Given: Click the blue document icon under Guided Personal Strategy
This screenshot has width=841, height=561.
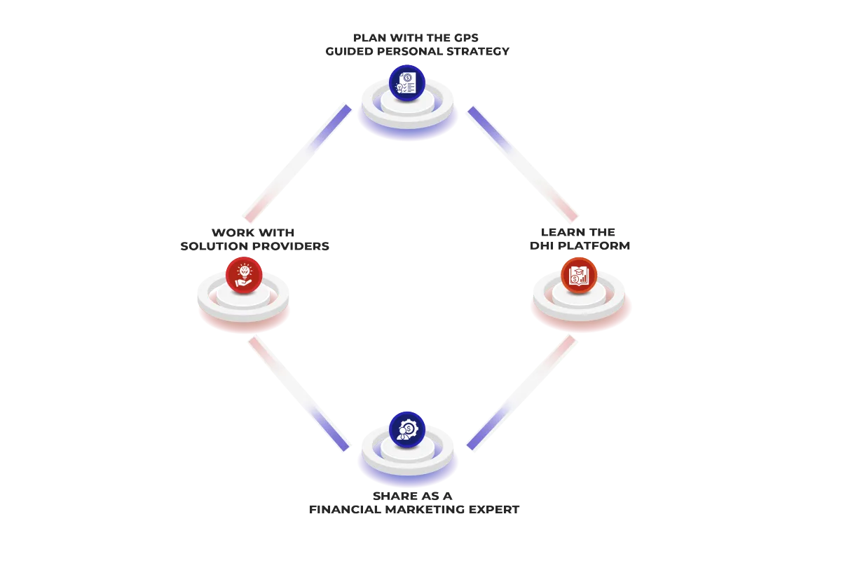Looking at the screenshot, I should (407, 83).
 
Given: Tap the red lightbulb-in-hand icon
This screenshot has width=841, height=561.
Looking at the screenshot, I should (244, 275).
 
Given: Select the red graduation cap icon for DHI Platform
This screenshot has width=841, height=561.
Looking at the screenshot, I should (580, 275).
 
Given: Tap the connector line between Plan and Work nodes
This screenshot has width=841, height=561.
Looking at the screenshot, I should (298, 162).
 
